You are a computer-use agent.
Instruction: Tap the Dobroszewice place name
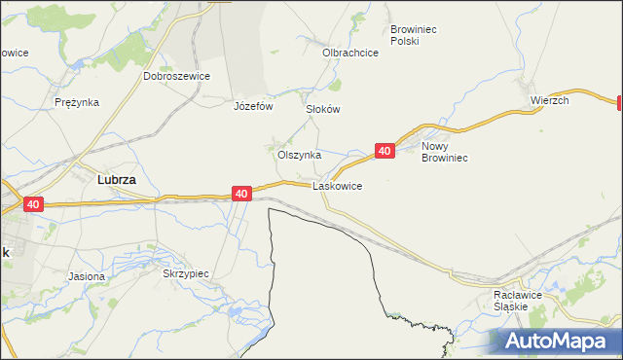(x=176, y=75)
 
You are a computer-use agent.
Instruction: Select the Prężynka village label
(x=77, y=102)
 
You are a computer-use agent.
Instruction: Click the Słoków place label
(x=323, y=109)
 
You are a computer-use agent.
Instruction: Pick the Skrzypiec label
(x=186, y=274)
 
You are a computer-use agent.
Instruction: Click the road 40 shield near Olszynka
(x=385, y=151)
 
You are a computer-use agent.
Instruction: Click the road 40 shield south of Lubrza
(x=33, y=204)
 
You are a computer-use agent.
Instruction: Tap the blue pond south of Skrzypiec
(x=237, y=313)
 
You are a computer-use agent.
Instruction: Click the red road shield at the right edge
(x=619, y=102)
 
